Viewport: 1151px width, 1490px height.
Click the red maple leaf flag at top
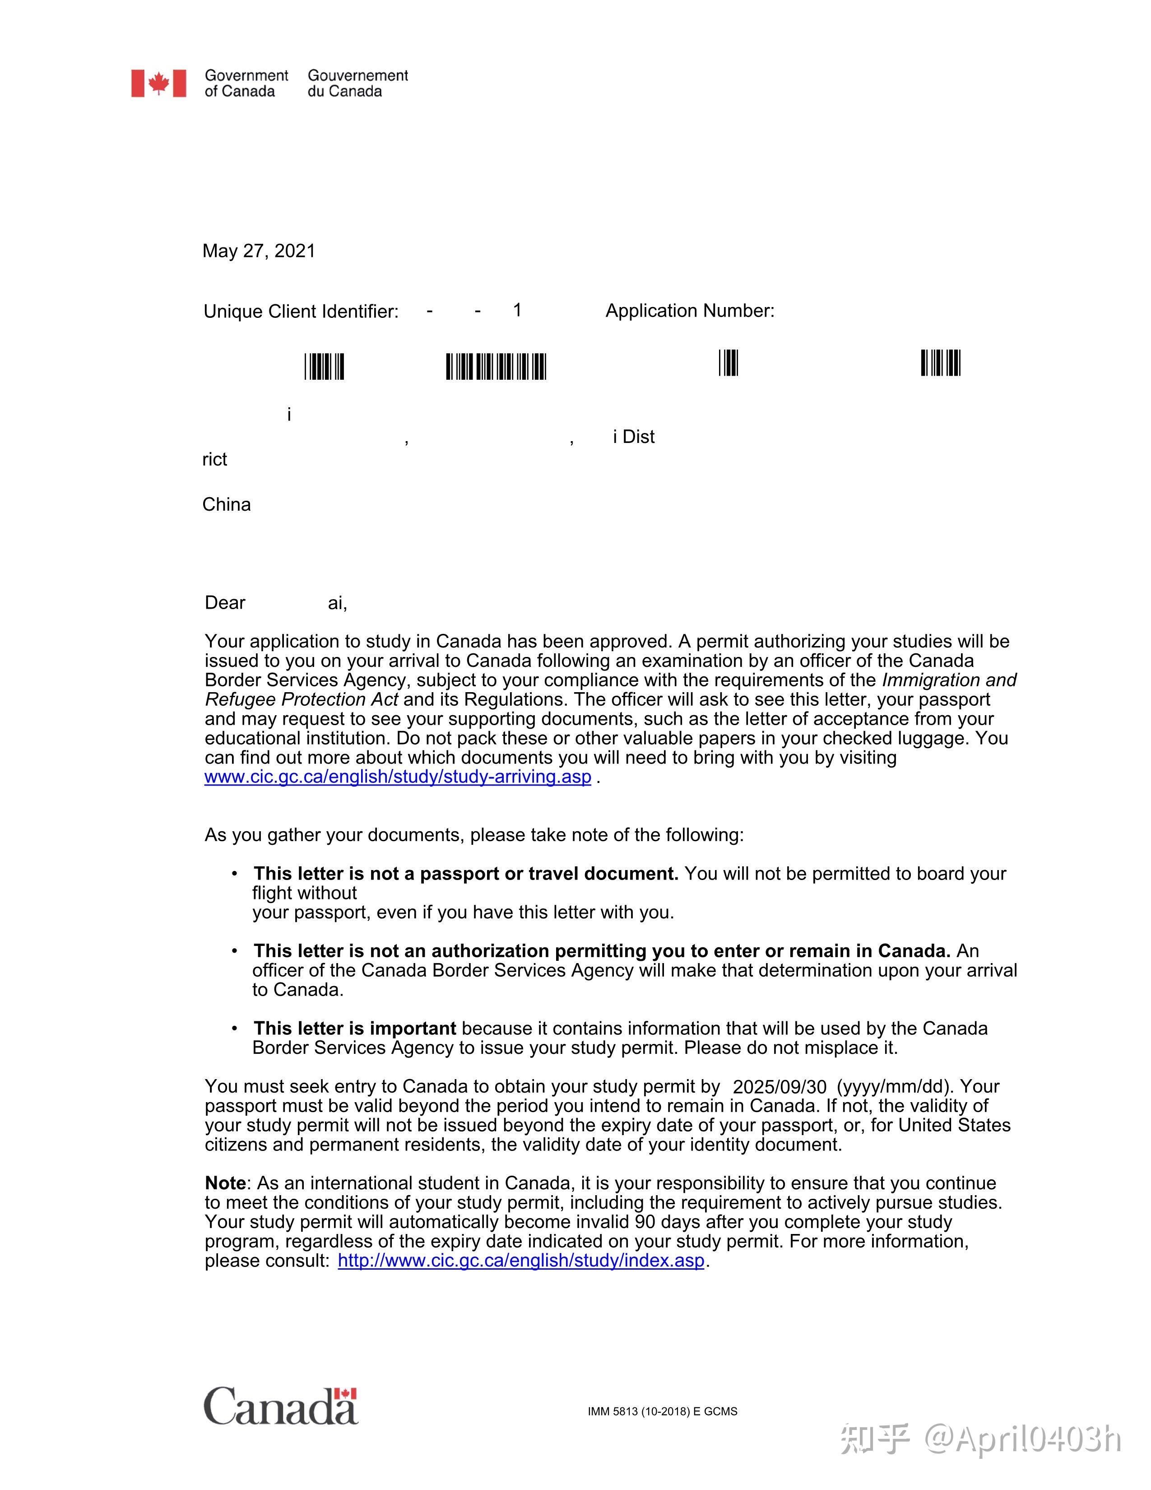[159, 83]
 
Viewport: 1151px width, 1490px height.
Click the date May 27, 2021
[259, 251]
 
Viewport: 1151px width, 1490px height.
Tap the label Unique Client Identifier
[301, 312]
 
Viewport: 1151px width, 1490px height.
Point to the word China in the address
[227, 504]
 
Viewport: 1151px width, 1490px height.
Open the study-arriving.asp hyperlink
[398, 777]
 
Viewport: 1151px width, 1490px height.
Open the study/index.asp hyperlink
[521, 1260]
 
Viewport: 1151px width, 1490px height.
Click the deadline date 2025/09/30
[780, 1087]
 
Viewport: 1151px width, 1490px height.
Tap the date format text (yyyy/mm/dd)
[893, 1087]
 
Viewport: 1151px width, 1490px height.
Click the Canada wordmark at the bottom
[280, 1407]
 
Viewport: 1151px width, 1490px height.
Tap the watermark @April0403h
[1023, 1439]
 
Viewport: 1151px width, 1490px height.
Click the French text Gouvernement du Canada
[357, 83]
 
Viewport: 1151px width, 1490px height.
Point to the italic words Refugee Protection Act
[302, 699]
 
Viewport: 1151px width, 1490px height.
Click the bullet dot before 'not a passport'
[235, 873]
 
